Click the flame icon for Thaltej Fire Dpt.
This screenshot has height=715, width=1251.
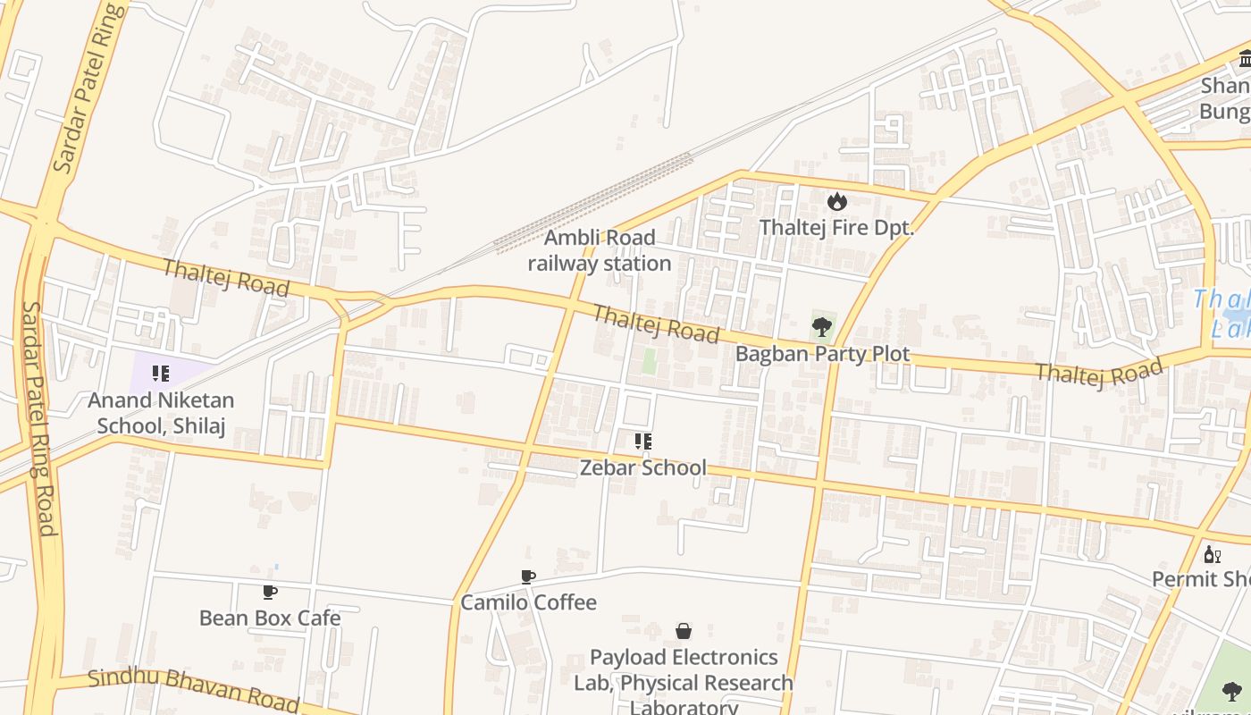[836, 201]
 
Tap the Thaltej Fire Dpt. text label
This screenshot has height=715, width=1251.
[836, 228]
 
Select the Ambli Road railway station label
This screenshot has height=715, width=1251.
[600, 250]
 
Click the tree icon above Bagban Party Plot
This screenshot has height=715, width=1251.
[822, 327]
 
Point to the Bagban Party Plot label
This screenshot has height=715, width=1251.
[822, 354]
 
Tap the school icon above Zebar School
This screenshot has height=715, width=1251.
[642, 441]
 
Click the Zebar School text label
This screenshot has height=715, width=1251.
[642, 467]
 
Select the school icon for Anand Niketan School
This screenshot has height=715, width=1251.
[161, 374]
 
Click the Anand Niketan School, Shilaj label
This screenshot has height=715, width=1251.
[161, 412]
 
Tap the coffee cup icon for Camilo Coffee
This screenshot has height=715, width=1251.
[528, 576]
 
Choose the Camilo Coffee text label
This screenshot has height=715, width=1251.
[528, 602]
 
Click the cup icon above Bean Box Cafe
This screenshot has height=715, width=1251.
[270, 592]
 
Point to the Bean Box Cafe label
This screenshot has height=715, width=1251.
[270, 618]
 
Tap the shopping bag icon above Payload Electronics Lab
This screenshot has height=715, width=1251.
[684, 631]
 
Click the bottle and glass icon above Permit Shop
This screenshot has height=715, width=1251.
[1212, 554]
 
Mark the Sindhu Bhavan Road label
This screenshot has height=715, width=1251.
[193, 687]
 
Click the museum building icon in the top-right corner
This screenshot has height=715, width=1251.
[1245, 59]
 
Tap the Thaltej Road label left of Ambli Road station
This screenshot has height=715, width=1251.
[226, 277]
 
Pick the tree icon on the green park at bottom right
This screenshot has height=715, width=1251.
[1231, 690]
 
